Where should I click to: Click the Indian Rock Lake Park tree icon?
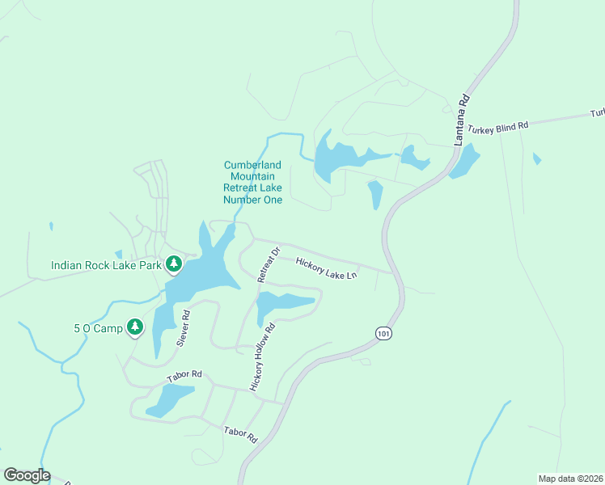pos(173,264)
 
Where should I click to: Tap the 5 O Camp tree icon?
pos(135,327)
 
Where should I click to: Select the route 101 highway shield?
pos(383,333)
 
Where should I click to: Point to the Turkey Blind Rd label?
pos(501,125)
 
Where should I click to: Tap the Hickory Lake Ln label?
pos(326,268)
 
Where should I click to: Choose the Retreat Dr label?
pos(268,265)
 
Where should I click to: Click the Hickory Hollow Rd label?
pos(263,357)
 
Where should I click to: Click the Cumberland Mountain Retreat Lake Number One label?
pos(253,182)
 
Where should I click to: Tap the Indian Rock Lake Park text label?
pos(106,265)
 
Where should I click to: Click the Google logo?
pos(27,475)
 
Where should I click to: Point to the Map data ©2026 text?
pos(570,478)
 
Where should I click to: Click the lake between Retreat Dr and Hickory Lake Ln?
pos(281,306)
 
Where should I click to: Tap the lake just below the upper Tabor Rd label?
pos(169,399)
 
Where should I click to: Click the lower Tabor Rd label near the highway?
pos(240,434)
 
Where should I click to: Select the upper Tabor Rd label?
pos(184,377)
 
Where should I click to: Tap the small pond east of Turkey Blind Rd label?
pos(537,158)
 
